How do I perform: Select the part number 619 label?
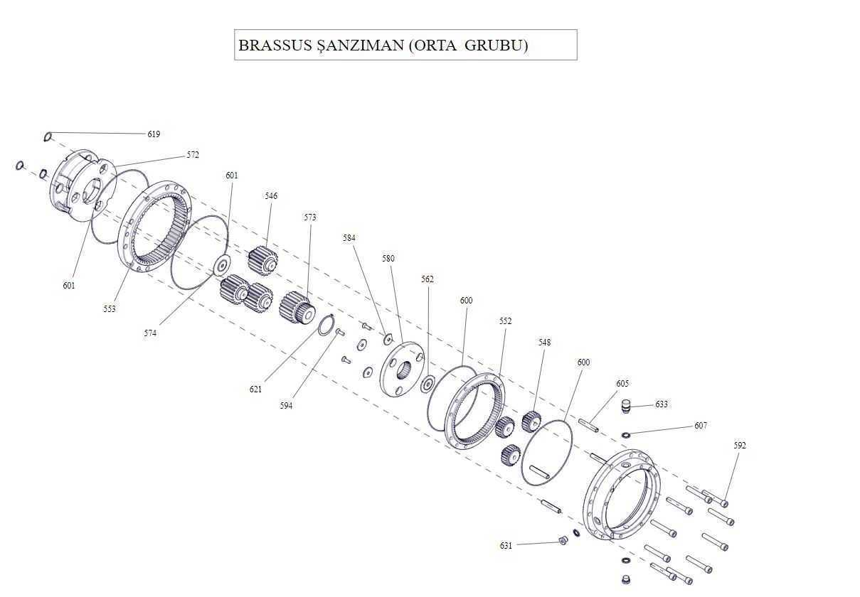click(154, 134)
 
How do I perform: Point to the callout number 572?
click(193, 155)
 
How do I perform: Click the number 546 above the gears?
click(271, 196)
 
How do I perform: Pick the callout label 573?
click(310, 217)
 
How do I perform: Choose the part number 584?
click(349, 238)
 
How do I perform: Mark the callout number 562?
click(427, 279)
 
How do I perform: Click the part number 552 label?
click(505, 321)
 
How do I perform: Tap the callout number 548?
click(544, 343)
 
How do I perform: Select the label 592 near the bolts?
click(740, 446)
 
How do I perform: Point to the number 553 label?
click(109, 309)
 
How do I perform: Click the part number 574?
click(150, 333)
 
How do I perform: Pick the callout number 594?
click(286, 406)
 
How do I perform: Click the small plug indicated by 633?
click(626, 406)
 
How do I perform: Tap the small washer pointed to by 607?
click(626, 434)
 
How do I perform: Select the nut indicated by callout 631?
click(562, 542)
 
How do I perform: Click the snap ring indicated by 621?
click(325, 324)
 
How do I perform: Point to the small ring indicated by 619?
click(48, 136)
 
